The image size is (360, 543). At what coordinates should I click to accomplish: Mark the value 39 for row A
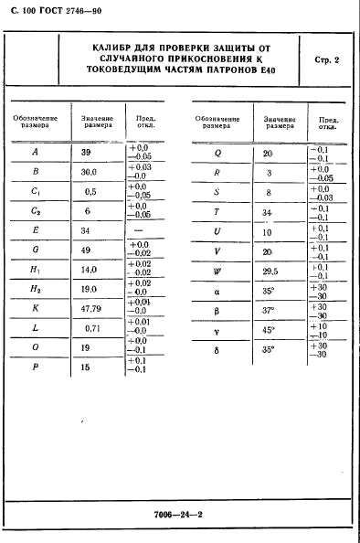coord(86,151)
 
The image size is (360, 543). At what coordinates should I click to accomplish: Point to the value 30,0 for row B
coord(90,170)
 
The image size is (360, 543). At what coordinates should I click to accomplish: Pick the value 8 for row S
coord(268,192)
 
